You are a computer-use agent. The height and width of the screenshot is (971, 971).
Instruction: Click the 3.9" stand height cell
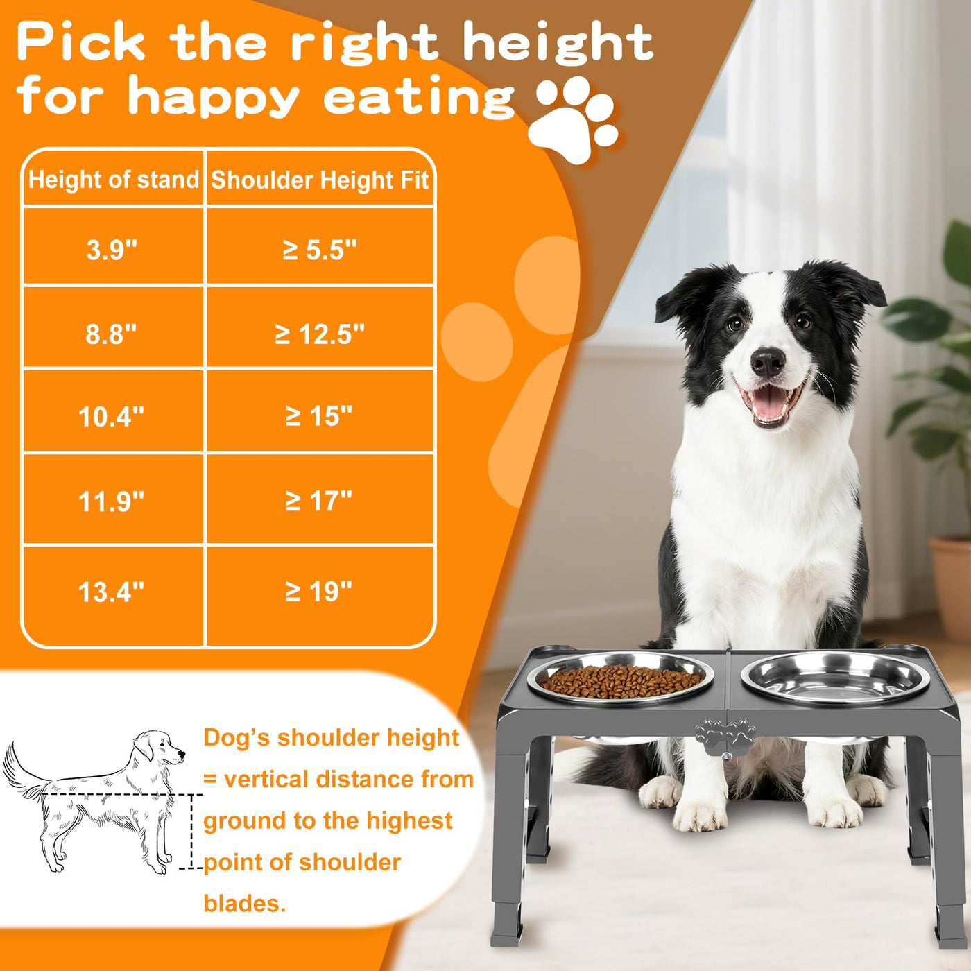(x=113, y=246)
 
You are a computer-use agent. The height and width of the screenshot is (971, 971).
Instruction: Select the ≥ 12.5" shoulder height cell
(x=320, y=327)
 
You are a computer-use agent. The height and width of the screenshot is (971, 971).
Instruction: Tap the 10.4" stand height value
(x=112, y=417)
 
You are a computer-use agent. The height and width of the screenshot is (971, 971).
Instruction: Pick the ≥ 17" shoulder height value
(x=318, y=501)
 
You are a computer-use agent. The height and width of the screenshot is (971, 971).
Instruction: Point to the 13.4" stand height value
(x=112, y=592)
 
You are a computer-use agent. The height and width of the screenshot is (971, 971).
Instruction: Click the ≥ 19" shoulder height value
(x=318, y=592)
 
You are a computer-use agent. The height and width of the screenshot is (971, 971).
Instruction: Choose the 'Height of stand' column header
(x=114, y=180)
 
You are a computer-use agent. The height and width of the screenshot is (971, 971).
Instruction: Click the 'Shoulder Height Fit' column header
(x=320, y=180)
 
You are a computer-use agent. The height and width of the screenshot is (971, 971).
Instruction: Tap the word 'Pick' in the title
(x=80, y=42)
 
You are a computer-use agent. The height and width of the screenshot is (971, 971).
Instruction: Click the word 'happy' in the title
(x=214, y=96)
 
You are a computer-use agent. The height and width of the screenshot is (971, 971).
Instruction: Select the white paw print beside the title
(x=574, y=120)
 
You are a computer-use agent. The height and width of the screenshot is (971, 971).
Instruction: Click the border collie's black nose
(x=767, y=362)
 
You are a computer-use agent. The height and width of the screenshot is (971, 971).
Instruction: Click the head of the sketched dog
(x=157, y=747)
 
